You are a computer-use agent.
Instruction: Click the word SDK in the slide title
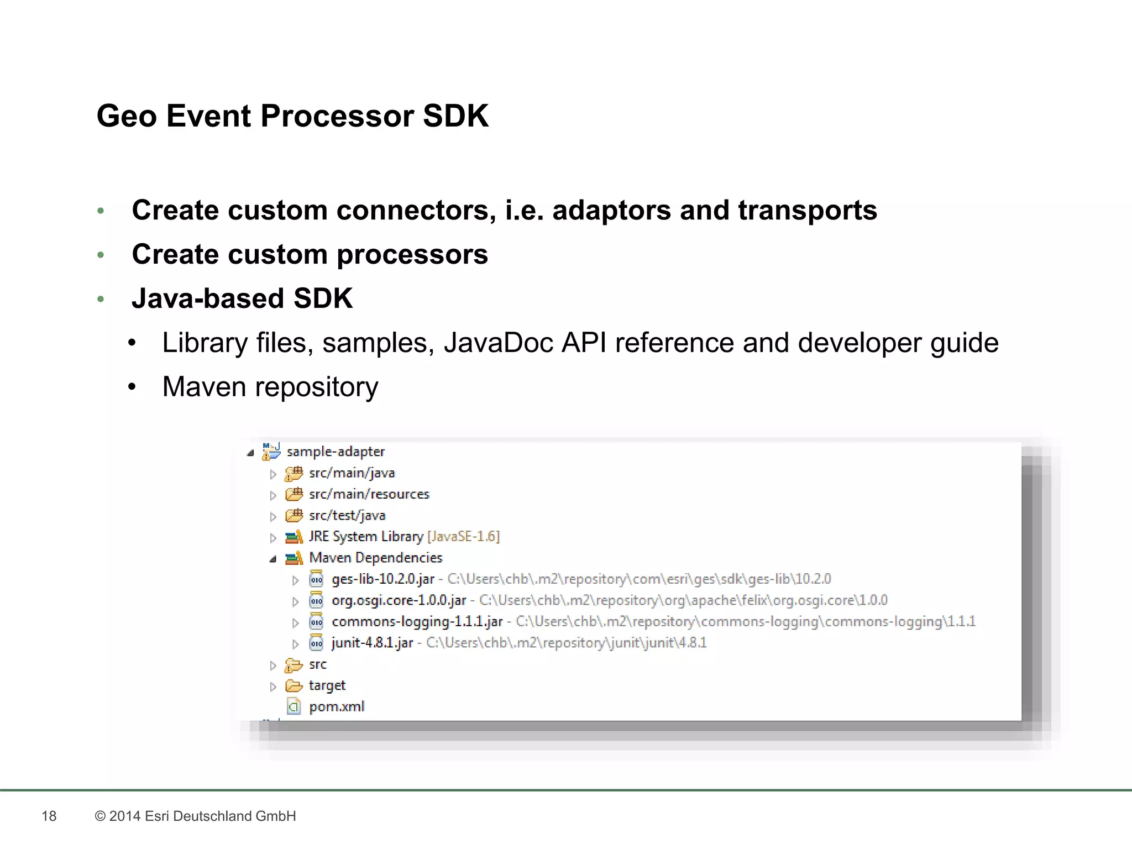pos(455,116)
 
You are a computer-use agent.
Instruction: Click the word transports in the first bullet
pos(807,211)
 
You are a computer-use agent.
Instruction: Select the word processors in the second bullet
pos(412,255)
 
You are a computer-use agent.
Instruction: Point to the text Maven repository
pos(270,387)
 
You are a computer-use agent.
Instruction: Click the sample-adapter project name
pos(336,452)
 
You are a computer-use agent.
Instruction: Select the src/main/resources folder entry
pos(369,494)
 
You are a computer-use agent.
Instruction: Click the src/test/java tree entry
pos(347,516)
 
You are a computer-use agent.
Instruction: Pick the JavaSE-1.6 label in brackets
pos(463,537)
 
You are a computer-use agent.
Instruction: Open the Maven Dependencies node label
pos(375,558)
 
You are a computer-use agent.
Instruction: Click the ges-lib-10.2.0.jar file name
pos(382,579)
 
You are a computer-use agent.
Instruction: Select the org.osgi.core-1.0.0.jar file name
pos(399,600)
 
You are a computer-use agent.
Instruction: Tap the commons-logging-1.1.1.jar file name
pos(417,622)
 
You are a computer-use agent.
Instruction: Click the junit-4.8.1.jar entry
pos(372,643)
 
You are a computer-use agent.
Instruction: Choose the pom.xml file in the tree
pos(337,707)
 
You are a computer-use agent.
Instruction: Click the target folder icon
pos(294,686)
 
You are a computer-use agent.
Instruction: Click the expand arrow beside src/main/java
pos(273,474)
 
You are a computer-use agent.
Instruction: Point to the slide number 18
pos(49,816)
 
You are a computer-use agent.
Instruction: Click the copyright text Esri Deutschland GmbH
pos(220,816)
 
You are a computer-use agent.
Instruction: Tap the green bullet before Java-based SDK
pos(101,299)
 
